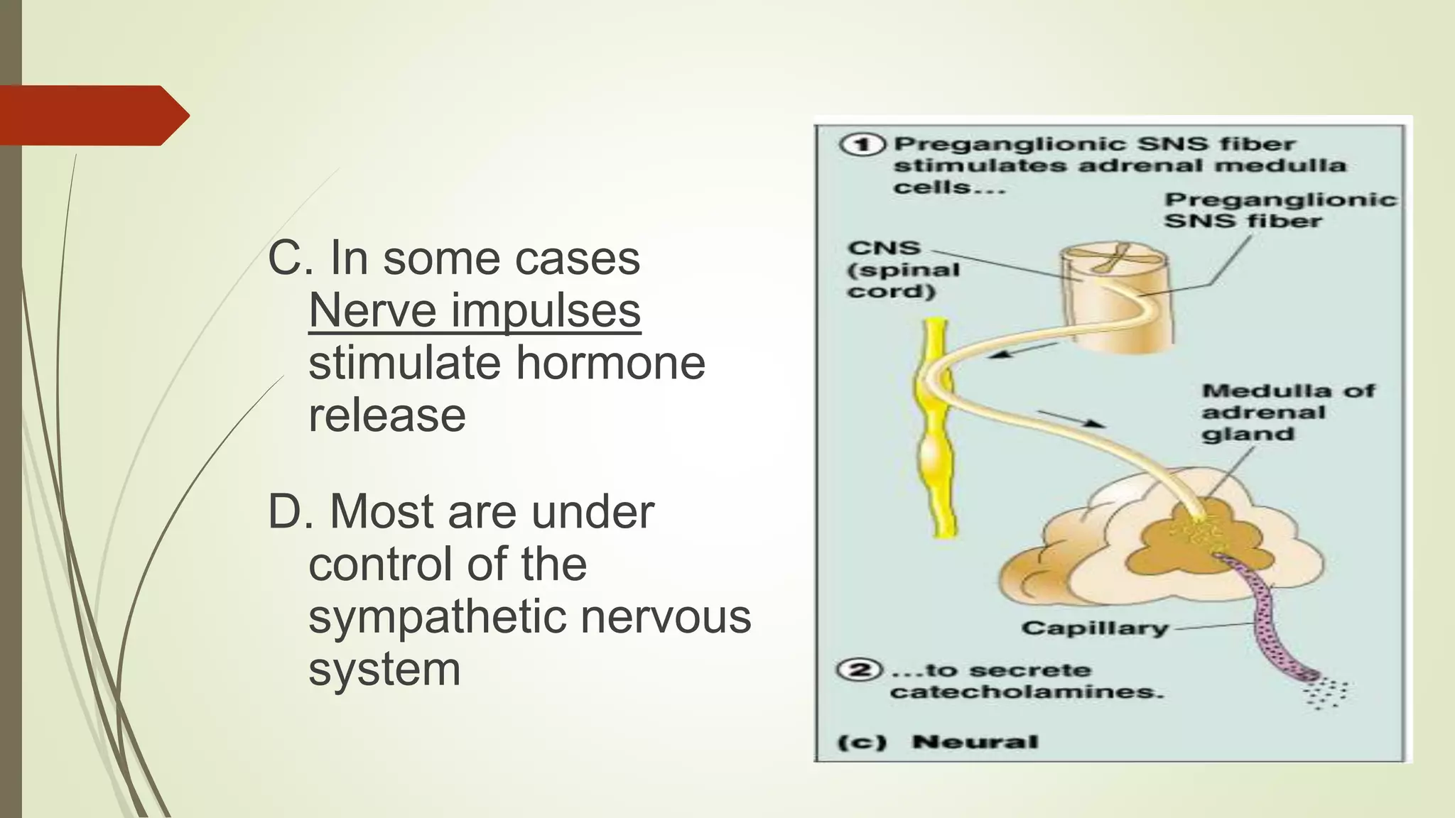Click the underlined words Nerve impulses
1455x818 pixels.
coord(475,311)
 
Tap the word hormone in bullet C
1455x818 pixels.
coord(610,363)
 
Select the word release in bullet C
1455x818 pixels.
coord(387,415)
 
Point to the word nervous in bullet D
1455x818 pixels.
coord(666,616)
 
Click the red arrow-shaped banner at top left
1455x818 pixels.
coord(92,116)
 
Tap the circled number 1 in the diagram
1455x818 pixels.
coord(862,145)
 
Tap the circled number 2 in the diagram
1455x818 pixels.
coord(860,670)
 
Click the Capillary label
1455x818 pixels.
coord(1094,628)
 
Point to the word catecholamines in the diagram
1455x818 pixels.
coord(1027,692)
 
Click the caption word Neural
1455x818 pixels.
coord(975,742)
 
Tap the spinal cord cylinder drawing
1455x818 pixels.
coord(1115,298)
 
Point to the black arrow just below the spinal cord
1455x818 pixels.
coord(1023,350)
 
